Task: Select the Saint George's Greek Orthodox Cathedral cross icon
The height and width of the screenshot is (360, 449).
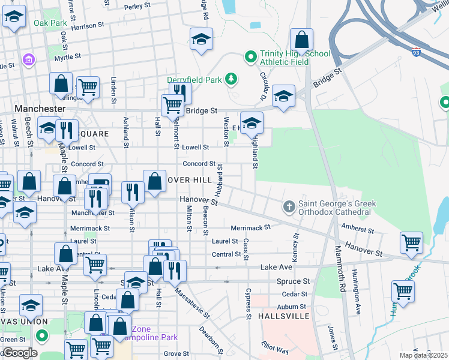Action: click(289, 208)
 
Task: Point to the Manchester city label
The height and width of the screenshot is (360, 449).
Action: click(40, 109)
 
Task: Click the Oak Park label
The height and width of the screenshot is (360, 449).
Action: click(50, 23)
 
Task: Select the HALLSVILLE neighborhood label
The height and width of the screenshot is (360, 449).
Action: click(284, 316)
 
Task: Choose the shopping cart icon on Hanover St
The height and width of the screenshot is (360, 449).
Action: click(412, 243)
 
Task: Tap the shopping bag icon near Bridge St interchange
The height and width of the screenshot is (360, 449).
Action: click(301, 40)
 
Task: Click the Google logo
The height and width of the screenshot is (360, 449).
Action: click(19, 352)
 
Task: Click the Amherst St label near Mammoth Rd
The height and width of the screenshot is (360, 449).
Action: click(358, 230)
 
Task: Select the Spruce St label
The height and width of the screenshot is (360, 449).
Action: click(293, 281)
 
